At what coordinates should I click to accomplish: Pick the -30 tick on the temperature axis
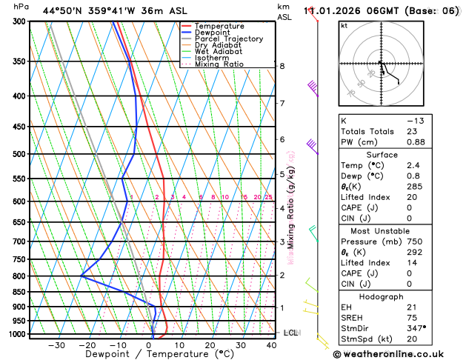point(56,345)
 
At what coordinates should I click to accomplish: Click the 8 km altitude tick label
point(282,66)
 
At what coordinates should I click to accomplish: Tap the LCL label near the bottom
point(290,333)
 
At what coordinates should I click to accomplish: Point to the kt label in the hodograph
point(344,25)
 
